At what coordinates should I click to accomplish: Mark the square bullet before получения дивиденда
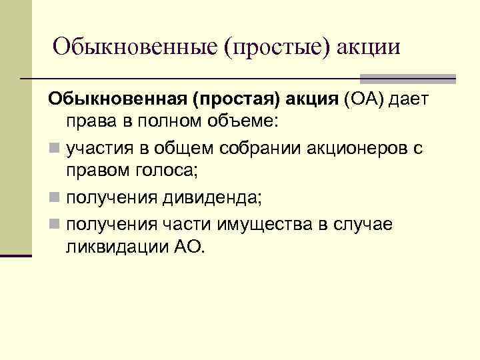(53, 199)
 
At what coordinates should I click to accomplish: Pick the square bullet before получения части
(53, 223)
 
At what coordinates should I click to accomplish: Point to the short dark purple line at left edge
(16, 255)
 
